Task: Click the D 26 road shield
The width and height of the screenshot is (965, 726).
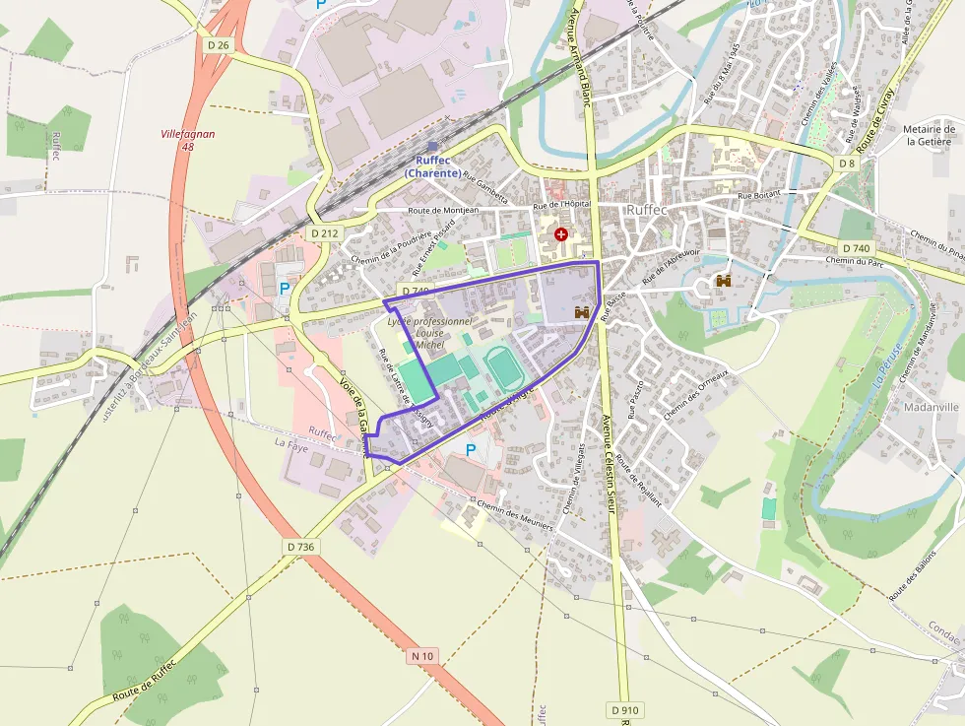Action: [218, 44]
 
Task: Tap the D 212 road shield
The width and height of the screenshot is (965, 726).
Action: [324, 233]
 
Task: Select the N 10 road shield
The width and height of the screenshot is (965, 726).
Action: [422, 655]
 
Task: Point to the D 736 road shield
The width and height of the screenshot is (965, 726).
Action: [301, 546]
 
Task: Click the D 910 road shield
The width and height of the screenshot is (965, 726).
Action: [624, 709]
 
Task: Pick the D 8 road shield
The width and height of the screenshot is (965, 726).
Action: [847, 163]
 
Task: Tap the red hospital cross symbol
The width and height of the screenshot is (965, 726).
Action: [561, 234]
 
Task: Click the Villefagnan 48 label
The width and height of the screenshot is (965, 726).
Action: [188, 140]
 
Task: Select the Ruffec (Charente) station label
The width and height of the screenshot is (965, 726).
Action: [432, 166]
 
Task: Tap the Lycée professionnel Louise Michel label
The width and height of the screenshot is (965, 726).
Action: [430, 333]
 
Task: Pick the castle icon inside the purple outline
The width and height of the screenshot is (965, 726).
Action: [581, 312]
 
